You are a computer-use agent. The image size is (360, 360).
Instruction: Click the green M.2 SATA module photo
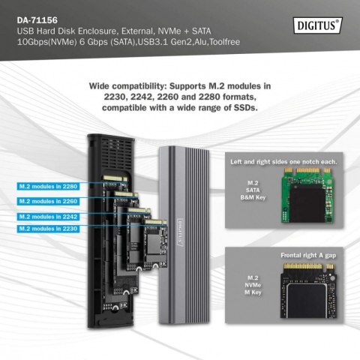coord(309,202)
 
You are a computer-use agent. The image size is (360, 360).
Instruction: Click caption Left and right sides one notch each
coord(286,162)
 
